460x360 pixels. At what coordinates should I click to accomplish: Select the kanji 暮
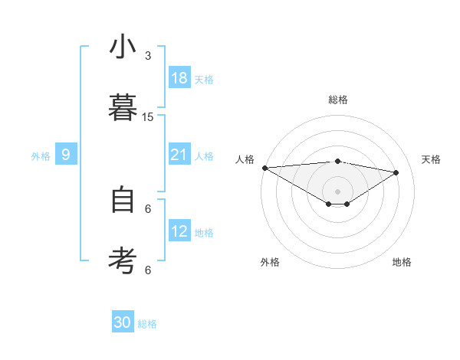pos(123,106)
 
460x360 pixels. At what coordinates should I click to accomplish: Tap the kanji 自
pos(123,201)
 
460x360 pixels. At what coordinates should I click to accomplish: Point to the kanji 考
pos(123,260)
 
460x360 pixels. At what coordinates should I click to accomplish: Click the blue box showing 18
pos(179,77)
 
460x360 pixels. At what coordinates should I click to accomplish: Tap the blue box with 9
pos(66,155)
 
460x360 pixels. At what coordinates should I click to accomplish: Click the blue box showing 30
pos(123,322)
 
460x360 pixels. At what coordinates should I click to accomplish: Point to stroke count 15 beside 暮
pos(148,117)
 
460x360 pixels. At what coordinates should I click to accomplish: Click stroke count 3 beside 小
pos(148,56)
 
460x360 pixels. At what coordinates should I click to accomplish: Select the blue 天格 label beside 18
pos(204,80)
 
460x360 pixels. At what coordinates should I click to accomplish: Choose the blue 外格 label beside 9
pos(41,156)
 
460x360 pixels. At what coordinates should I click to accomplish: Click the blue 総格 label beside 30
pos(147,325)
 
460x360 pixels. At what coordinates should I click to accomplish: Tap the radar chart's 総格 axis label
pos(337,100)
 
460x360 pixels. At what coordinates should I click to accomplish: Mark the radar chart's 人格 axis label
pos(245,159)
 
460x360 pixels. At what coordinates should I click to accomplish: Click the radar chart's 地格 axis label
pos(402,263)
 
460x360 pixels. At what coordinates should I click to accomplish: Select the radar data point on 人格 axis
pos(264,167)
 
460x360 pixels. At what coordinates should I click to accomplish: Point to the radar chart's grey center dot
pos(337,191)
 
